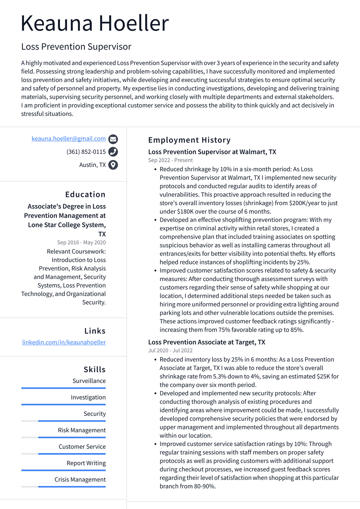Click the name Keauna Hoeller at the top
point(95,23)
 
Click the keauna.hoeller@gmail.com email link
point(69,139)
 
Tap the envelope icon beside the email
point(113,139)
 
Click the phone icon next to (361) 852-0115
point(113,152)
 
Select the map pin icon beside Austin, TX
point(113,165)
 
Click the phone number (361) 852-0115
point(86,152)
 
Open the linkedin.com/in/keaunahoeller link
point(64,342)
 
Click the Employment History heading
point(189,140)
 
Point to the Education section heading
point(85,195)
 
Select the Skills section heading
point(94,369)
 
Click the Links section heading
point(95,331)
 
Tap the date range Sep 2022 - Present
point(170,160)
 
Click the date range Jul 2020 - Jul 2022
point(170,351)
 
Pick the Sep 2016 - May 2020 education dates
point(81,243)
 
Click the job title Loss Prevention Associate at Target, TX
point(206,342)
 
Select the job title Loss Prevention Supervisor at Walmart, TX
point(212,152)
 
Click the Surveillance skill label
point(89,381)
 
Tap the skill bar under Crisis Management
point(63,487)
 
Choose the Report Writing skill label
point(86,463)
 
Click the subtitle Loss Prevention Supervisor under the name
point(76,47)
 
